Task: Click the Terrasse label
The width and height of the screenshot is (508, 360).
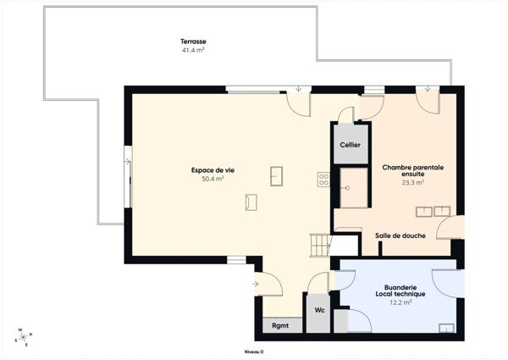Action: point(193,42)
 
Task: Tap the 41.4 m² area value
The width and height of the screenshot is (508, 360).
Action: point(193,50)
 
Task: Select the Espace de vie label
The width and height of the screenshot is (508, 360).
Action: point(213,170)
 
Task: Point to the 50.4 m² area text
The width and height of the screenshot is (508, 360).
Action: point(213,179)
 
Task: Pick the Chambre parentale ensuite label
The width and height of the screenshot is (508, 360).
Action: point(412,170)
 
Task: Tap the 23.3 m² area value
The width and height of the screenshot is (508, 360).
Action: point(412,182)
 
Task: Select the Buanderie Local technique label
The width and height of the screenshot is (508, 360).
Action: point(400,291)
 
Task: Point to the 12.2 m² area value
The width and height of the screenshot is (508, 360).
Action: point(400,302)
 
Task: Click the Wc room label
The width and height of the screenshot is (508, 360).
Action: point(319,310)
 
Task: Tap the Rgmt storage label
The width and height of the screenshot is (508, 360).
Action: point(280,326)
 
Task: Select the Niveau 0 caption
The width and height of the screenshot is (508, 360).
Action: point(254,352)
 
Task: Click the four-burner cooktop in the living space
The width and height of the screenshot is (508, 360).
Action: point(323,179)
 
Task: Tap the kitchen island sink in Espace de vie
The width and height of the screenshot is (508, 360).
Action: point(276,174)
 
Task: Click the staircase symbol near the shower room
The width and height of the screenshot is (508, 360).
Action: point(318,245)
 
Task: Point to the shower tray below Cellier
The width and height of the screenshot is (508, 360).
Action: point(352,187)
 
